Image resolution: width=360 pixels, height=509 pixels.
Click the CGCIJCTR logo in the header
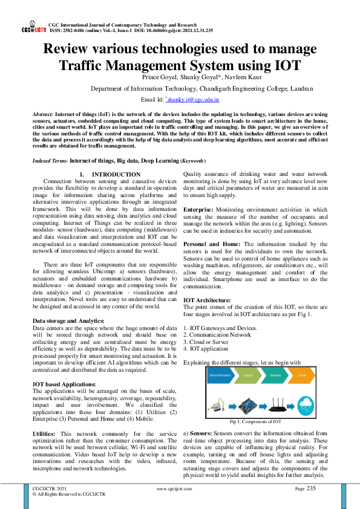click(34, 29)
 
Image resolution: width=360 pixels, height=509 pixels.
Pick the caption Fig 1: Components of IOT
click(255, 421)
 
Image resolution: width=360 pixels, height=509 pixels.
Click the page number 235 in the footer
click(311, 488)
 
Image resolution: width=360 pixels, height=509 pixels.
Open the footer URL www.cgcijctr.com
click(178, 488)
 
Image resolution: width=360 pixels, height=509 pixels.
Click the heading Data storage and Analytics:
click(68, 320)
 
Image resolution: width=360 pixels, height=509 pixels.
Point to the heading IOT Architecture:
click(206, 300)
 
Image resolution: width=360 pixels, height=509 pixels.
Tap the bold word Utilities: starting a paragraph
click(45, 434)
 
